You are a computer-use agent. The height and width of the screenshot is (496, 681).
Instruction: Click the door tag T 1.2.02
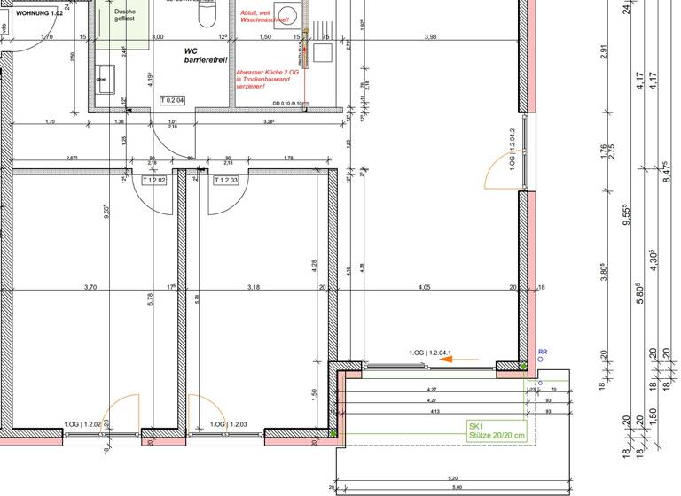click(155, 180)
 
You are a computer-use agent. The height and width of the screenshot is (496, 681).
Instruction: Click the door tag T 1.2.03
click(227, 180)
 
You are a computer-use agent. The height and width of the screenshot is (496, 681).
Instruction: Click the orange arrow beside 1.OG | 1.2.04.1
click(466, 360)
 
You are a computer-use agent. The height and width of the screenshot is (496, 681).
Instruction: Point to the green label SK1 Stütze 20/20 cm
click(497, 430)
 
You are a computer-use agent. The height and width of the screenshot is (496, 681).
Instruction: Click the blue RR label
click(543, 352)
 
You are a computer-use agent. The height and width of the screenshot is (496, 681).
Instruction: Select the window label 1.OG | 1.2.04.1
click(431, 353)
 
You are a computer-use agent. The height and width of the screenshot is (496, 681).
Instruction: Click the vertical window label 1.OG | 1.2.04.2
click(513, 150)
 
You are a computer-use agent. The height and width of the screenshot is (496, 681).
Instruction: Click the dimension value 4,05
click(423, 287)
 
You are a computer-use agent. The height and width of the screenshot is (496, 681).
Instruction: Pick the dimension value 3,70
click(90, 287)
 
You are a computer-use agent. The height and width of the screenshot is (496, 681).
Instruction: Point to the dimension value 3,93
click(430, 36)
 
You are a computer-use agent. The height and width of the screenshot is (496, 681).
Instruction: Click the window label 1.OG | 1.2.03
click(228, 425)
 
